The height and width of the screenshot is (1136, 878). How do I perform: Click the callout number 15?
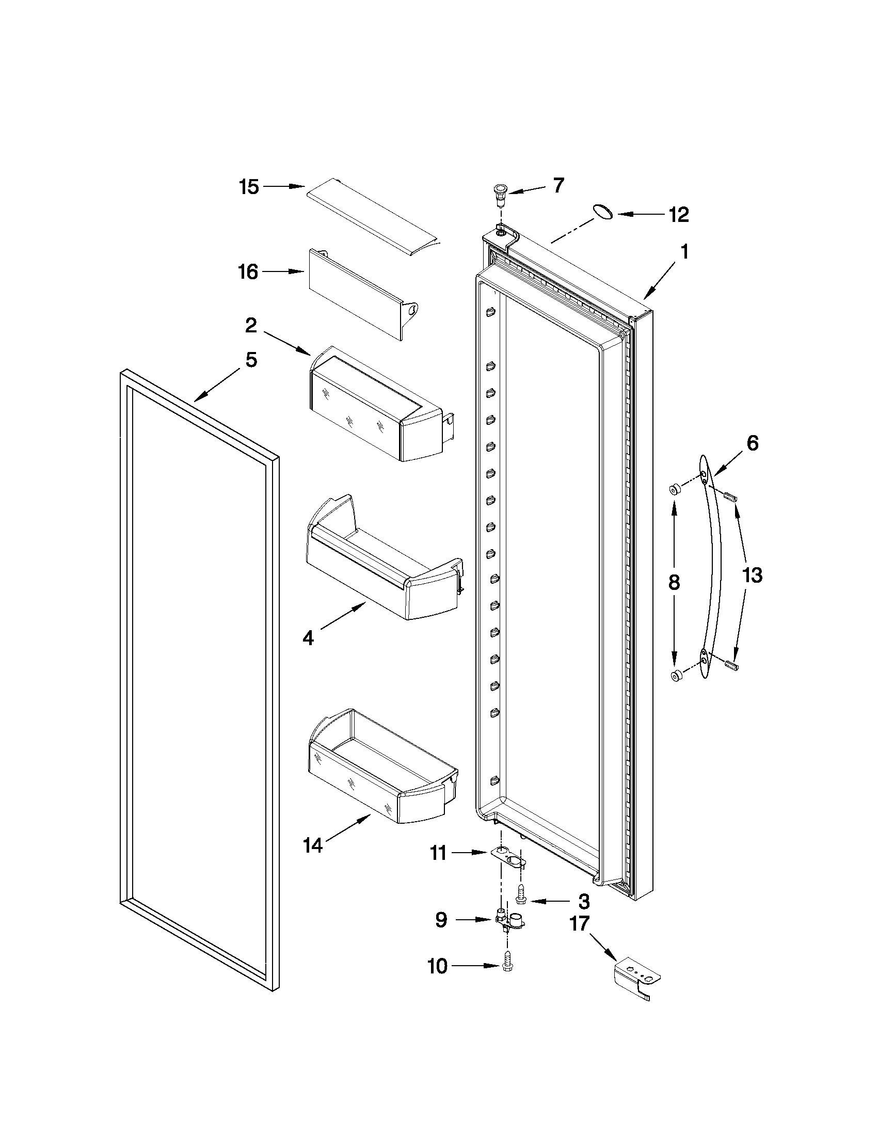pos(249,187)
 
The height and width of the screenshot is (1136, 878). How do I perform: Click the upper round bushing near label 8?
pos(674,489)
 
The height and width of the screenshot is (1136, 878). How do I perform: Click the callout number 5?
pos(251,359)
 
